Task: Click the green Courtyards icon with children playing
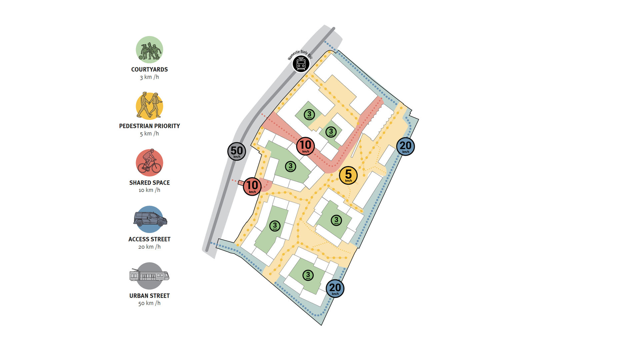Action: pos(149,50)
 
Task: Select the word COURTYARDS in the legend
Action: pos(149,69)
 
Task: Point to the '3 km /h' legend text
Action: pos(149,77)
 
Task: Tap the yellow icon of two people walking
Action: pos(149,106)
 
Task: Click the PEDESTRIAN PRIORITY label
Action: pos(149,126)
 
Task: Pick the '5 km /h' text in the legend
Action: pos(149,134)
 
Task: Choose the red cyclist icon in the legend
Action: pos(149,163)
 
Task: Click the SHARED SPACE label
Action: pos(149,183)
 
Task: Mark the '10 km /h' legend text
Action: pos(149,190)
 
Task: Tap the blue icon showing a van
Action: pos(150,219)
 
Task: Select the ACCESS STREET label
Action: pos(149,239)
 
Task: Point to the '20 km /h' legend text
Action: pos(149,247)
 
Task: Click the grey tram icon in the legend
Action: pos(149,276)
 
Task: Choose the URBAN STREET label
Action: pos(149,296)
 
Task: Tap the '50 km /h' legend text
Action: pos(149,303)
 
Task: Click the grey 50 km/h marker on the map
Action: pos(237,151)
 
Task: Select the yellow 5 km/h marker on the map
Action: pos(348,175)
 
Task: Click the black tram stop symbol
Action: pos(301,64)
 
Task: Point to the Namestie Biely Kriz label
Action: pos(300,55)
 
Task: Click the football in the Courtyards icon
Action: pos(141,58)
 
